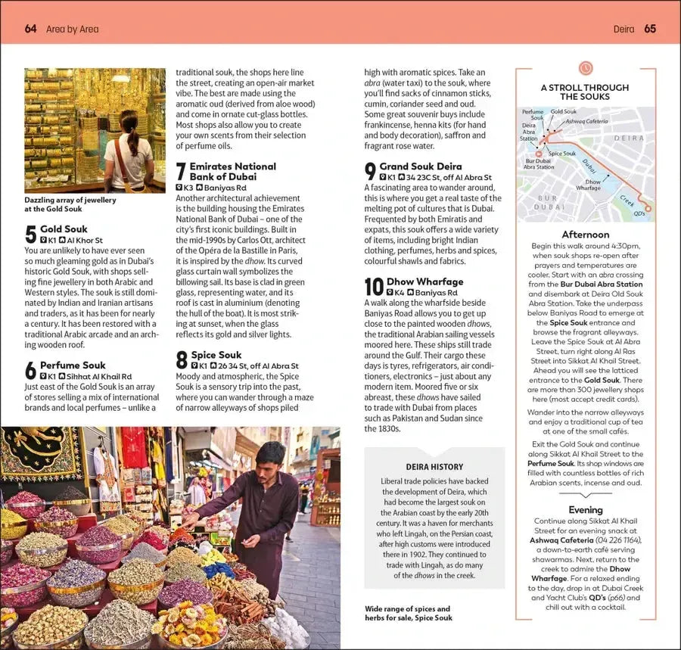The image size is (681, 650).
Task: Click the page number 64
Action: click(30, 29)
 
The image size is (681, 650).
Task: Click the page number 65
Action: click(650, 29)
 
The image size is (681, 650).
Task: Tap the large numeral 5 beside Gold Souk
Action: click(30, 234)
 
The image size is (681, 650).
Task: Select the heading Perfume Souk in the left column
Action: click(73, 365)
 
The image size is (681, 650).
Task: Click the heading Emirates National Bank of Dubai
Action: click(232, 171)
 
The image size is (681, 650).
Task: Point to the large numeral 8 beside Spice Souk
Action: click(182, 359)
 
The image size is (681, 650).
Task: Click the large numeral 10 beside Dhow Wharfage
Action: click(374, 287)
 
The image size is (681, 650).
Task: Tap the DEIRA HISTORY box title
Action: click(434, 467)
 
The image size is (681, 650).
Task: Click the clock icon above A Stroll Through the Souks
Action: click(585, 69)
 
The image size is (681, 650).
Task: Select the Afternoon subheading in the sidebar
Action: click(585, 235)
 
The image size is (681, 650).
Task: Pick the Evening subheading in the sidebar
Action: click(585, 510)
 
